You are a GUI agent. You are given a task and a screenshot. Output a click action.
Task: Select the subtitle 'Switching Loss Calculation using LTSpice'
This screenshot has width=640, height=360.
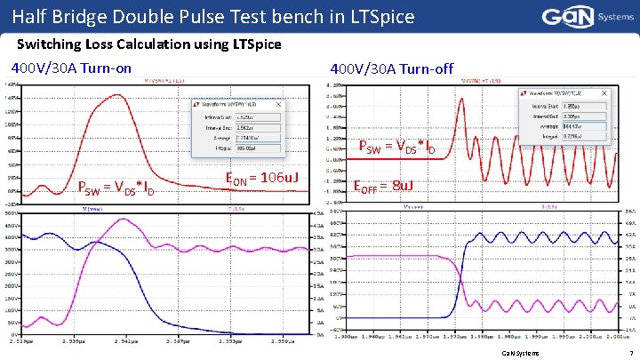pos(148,44)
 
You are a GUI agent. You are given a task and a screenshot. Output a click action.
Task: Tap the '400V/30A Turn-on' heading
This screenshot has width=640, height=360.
pos(70,68)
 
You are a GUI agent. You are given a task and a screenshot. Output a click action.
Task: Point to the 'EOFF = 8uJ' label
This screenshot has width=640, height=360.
pos(384,187)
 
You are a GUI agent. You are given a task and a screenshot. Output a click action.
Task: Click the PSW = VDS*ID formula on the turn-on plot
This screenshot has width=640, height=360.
pos(117,188)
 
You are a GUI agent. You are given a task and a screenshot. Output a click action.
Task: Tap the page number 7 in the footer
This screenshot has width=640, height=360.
pos(628,353)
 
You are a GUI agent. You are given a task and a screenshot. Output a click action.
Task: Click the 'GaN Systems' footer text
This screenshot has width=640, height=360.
pos(521,353)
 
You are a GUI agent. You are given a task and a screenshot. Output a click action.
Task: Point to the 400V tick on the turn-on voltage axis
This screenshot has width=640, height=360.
pos(13,236)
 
